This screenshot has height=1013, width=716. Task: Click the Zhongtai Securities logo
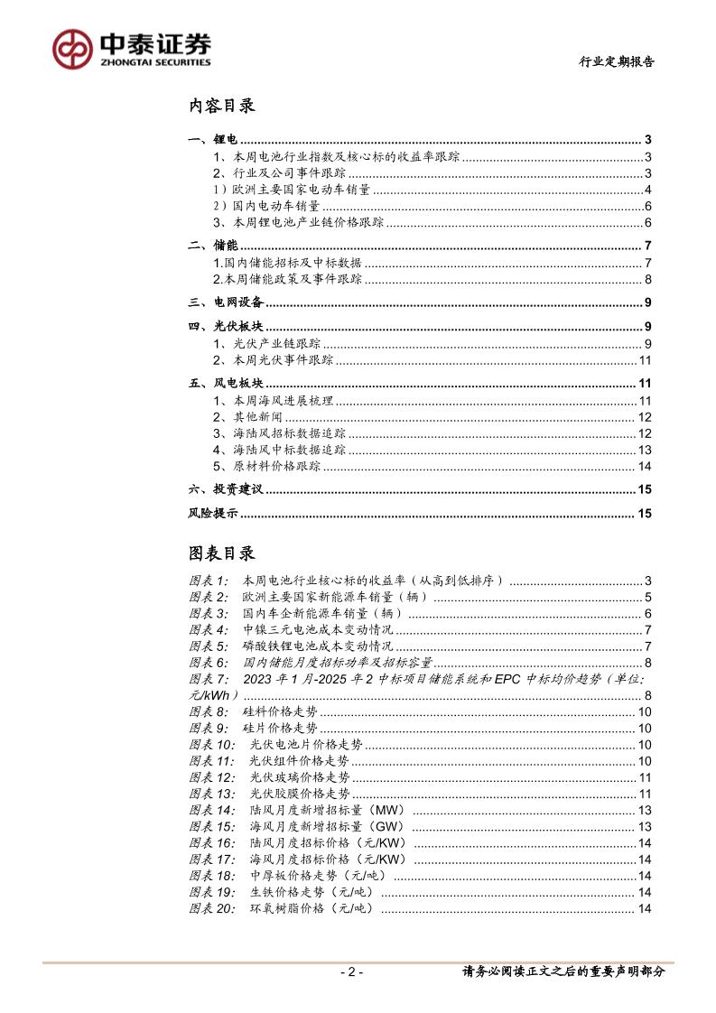(131, 48)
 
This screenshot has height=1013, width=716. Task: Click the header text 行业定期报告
(617, 62)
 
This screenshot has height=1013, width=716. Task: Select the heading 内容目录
(222, 106)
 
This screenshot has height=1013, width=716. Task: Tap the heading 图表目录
(222, 553)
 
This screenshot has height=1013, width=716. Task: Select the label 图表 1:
(209, 581)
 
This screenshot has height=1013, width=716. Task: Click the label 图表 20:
(212, 908)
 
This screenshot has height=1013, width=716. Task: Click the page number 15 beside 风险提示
(645, 514)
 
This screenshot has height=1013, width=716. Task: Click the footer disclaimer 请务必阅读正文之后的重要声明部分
(563, 972)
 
